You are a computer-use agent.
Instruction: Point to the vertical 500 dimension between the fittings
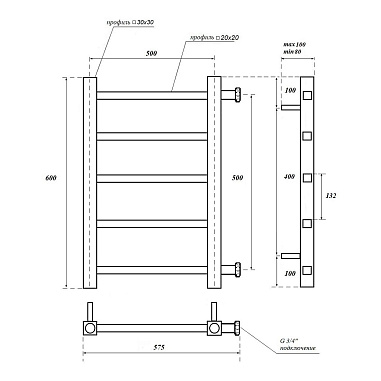[264, 177]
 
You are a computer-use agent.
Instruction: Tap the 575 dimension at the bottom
[160, 348]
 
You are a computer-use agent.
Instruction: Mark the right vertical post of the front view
[212, 180]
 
